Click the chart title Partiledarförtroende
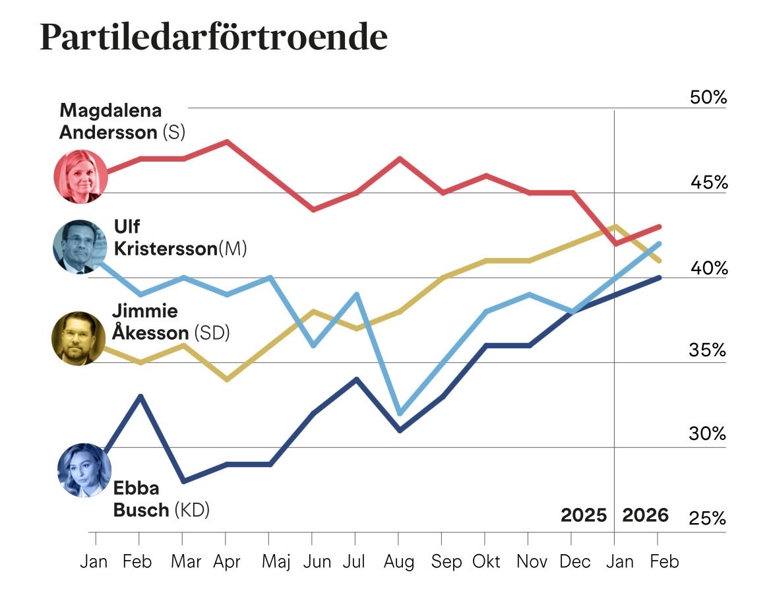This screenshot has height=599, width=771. [213, 38]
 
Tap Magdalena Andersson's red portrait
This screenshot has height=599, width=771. [80, 176]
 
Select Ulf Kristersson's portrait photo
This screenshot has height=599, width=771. [80, 247]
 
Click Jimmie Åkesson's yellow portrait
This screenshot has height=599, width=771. [78, 338]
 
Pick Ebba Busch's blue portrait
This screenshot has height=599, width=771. [80, 470]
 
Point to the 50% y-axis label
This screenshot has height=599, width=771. [708, 98]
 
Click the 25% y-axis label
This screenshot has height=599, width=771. [708, 520]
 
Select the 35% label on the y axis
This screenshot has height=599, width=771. [708, 350]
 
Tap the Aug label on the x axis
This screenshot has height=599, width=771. [399, 561]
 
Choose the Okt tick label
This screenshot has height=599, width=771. [485, 561]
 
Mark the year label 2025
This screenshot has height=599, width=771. [583, 515]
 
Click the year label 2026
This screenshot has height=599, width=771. [646, 515]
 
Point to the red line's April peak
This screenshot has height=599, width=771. [227, 141]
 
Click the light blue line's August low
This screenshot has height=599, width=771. [399, 414]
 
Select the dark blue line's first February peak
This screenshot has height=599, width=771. [140, 396]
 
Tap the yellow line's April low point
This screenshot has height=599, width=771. [227, 380]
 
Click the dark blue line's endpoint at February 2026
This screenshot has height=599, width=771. [659, 278]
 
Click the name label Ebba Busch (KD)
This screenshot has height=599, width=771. [161, 499]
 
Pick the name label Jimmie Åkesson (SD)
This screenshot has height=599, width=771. [170, 322]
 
